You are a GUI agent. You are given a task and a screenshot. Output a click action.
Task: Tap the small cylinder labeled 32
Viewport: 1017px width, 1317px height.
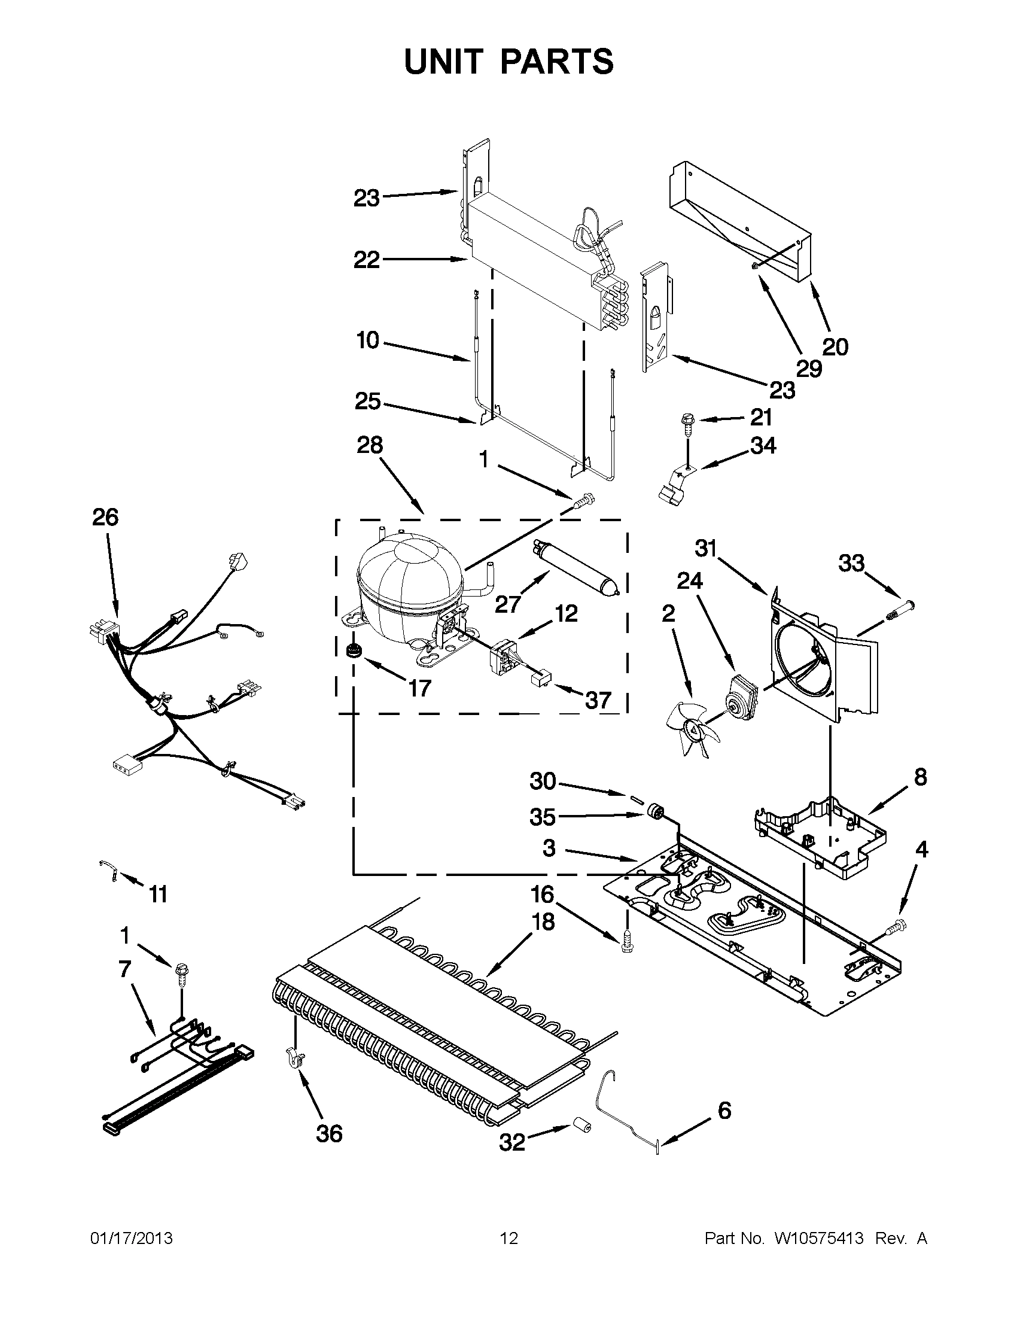[x=582, y=1127]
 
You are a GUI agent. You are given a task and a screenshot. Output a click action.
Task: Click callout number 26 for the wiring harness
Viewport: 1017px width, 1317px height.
[x=105, y=518]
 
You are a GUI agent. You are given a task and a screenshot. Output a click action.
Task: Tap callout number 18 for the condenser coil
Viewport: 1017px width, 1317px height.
[x=543, y=922]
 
